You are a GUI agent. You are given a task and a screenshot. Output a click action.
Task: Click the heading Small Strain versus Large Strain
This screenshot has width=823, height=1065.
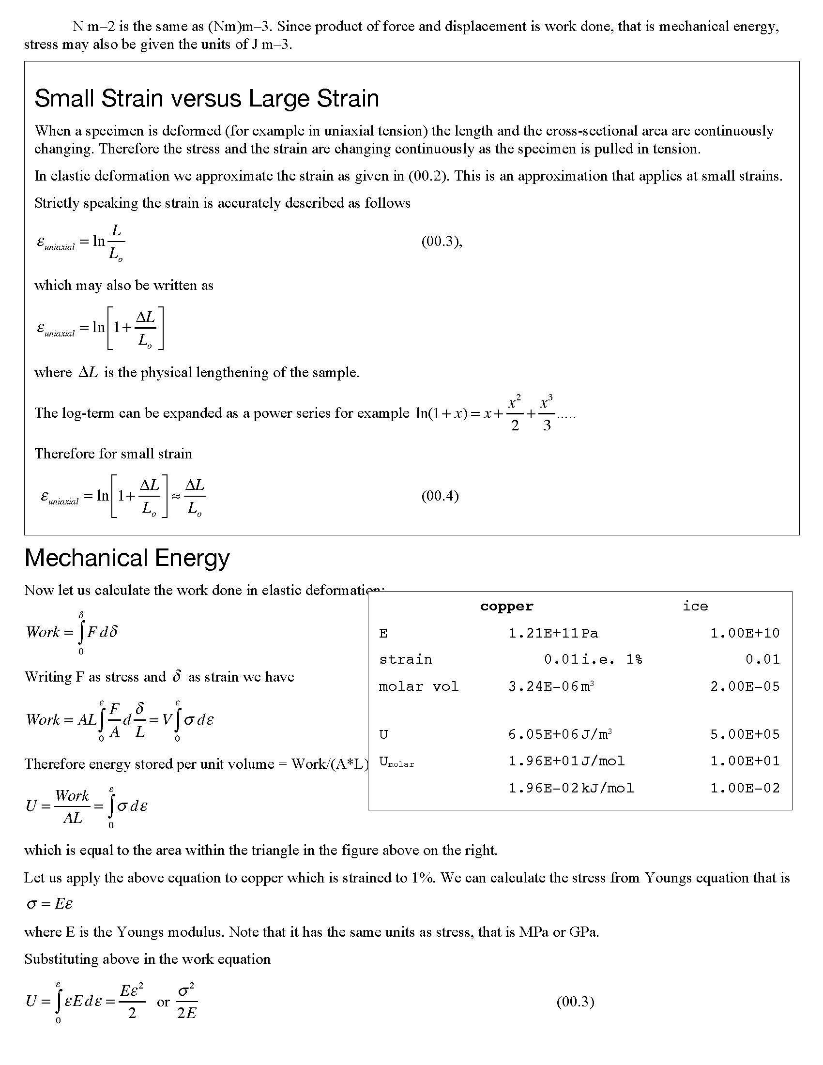coord(207,98)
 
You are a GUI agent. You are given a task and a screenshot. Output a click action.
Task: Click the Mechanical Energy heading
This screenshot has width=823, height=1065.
coord(127,558)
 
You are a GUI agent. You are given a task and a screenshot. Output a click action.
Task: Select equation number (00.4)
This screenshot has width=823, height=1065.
coord(440,496)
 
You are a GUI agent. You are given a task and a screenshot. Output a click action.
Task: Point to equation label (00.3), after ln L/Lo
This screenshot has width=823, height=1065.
coord(441,242)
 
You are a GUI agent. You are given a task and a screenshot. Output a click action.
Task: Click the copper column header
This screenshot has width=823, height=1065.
coord(506,606)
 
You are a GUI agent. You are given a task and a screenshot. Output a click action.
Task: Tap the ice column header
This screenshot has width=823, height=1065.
coord(695,606)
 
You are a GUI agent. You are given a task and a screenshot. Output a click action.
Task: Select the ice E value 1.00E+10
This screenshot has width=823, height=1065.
coord(745,634)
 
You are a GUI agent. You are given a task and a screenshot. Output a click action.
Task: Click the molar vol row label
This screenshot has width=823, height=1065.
coord(418,686)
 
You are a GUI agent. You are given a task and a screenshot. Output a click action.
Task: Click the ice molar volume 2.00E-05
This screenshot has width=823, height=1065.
coord(745,686)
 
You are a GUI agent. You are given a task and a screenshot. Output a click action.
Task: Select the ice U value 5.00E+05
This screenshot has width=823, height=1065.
coord(745,734)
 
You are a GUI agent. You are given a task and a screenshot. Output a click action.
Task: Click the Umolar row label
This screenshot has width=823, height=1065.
coord(396,761)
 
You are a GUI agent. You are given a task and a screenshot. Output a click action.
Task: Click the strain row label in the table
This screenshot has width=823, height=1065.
coord(405,660)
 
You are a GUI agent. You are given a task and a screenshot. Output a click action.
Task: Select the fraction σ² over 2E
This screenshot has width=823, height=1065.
coord(187,1002)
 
